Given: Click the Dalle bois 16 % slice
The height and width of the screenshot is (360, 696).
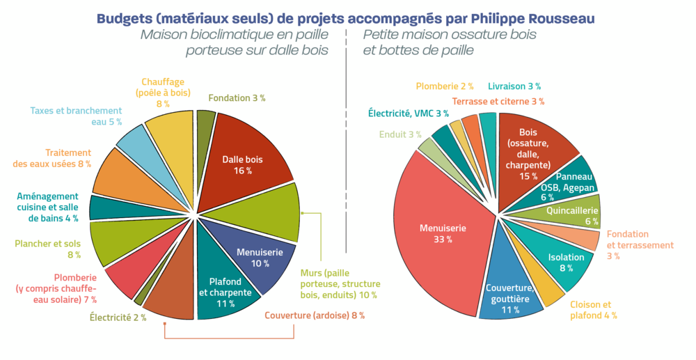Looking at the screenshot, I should coord(243,164).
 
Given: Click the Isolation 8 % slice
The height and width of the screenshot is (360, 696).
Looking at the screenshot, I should coord(561,261).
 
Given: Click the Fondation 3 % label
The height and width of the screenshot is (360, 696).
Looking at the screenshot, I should coord(237,98).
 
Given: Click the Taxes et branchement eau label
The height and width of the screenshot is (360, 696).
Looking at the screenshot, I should coord(76,116).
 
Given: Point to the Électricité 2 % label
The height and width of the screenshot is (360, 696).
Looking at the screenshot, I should coord(118,318).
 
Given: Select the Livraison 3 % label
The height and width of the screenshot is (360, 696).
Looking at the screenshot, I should coord(514,86).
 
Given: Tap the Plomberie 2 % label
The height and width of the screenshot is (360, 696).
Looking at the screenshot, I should coord(445,86).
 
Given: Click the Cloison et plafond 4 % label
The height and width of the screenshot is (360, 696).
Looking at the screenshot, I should coord(593,310).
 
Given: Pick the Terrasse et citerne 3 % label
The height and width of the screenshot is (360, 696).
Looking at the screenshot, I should coord(498,101).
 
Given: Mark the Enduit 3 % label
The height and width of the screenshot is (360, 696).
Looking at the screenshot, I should coord(400,134).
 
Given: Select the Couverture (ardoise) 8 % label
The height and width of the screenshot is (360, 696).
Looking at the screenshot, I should coord(315,315).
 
